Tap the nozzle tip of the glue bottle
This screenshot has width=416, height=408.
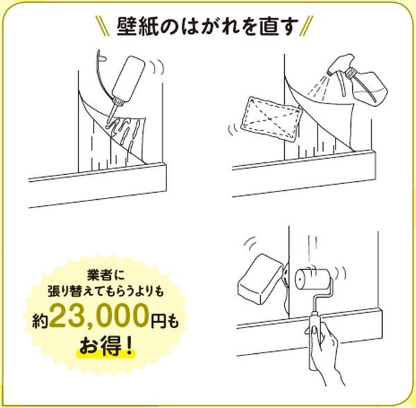click(108, 124)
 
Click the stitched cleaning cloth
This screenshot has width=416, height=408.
click(271, 119)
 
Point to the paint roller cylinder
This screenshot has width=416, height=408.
click(313, 279)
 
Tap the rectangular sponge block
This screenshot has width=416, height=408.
click(260, 279)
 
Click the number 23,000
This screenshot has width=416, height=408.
click(98, 316)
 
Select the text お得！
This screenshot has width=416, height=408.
click(105, 346)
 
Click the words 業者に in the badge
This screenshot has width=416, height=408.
click(105, 275)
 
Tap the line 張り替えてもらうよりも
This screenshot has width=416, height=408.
click(105, 291)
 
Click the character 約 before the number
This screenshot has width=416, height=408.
click(40, 321)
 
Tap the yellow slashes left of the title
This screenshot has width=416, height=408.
click(103, 26)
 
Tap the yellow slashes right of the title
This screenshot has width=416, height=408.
click(306, 26)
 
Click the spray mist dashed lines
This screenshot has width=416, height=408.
click(319, 85)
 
